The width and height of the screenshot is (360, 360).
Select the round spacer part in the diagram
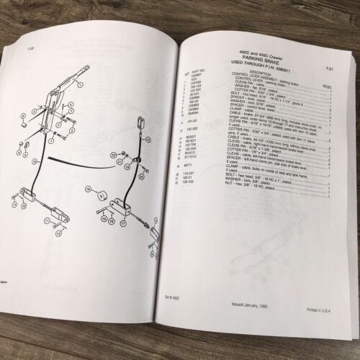pyautogui.click(x=103, y=196)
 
